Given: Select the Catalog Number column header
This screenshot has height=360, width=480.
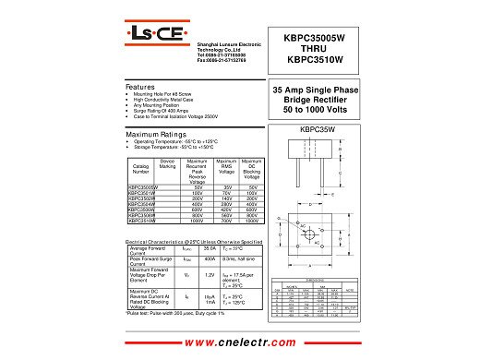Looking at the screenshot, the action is pos(141,169).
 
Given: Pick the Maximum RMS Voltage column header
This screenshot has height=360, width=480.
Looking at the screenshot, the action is pos(226,167).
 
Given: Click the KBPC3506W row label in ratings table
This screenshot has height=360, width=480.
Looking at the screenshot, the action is pos(142,209).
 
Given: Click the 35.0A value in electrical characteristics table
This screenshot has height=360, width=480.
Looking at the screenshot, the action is pos(210,249).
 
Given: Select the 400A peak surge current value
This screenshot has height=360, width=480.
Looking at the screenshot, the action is pos(210,260).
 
